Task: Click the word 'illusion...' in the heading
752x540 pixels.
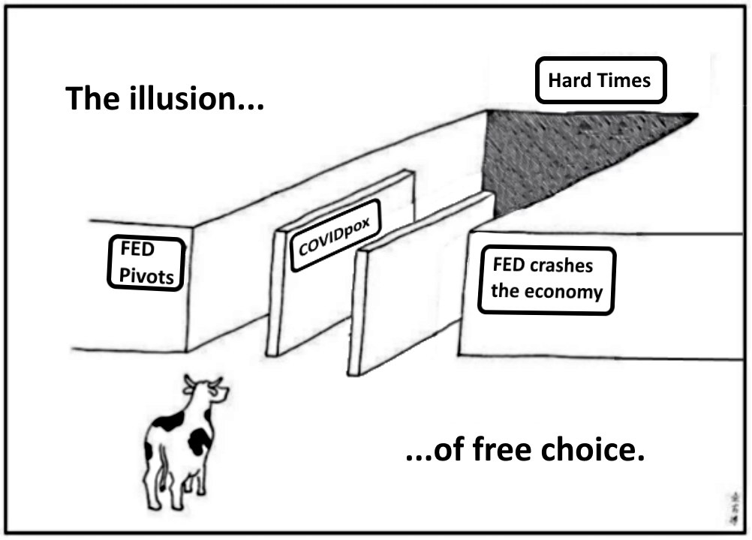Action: tap(196, 98)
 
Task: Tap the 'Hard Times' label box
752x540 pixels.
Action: tap(600, 80)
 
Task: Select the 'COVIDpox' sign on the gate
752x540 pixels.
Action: tap(335, 235)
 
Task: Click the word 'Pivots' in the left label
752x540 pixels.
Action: tap(146, 276)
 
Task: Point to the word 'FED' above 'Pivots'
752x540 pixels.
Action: tap(137, 249)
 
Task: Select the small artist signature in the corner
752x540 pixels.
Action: tap(734, 508)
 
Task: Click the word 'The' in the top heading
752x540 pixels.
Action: tap(92, 98)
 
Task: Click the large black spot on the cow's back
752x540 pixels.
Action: tap(200, 441)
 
